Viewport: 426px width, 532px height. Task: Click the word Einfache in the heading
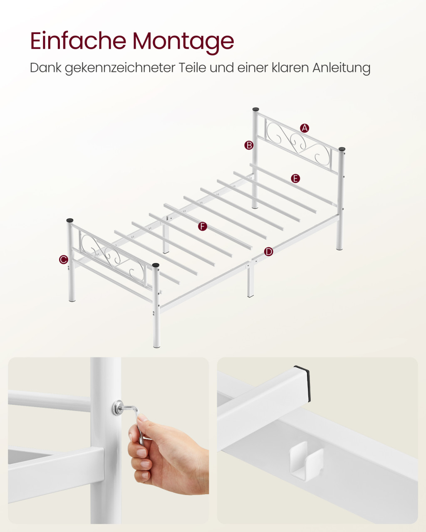point(78,41)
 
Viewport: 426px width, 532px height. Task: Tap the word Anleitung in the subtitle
point(342,68)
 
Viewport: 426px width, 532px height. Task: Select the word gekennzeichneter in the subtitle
point(120,68)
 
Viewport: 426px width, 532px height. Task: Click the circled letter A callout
point(305,128)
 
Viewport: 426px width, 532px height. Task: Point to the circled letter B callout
point(249,145)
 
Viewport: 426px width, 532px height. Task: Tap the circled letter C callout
point(64,260)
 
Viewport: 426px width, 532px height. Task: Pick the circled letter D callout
point(268,252)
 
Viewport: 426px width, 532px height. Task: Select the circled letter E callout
point(295,178)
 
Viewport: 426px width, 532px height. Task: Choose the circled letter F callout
point(203,227)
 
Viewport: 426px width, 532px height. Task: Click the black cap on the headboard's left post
point(256,109)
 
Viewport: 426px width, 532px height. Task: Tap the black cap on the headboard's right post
point(342,149)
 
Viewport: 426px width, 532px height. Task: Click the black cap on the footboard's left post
point(70,220)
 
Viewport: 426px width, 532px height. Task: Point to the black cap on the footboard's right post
point(156,265)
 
